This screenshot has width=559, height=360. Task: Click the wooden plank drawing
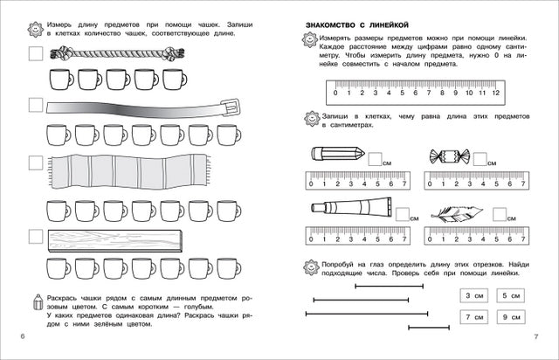113,239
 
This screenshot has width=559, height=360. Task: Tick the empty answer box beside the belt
35,105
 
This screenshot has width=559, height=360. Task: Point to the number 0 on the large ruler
335,93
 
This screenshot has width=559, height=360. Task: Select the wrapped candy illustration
450,156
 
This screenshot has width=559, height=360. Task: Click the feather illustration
458,212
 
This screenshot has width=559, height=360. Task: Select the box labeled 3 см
473,295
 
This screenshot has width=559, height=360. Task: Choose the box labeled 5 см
510,295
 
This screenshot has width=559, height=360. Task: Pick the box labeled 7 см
473,316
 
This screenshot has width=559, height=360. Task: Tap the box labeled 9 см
510,316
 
